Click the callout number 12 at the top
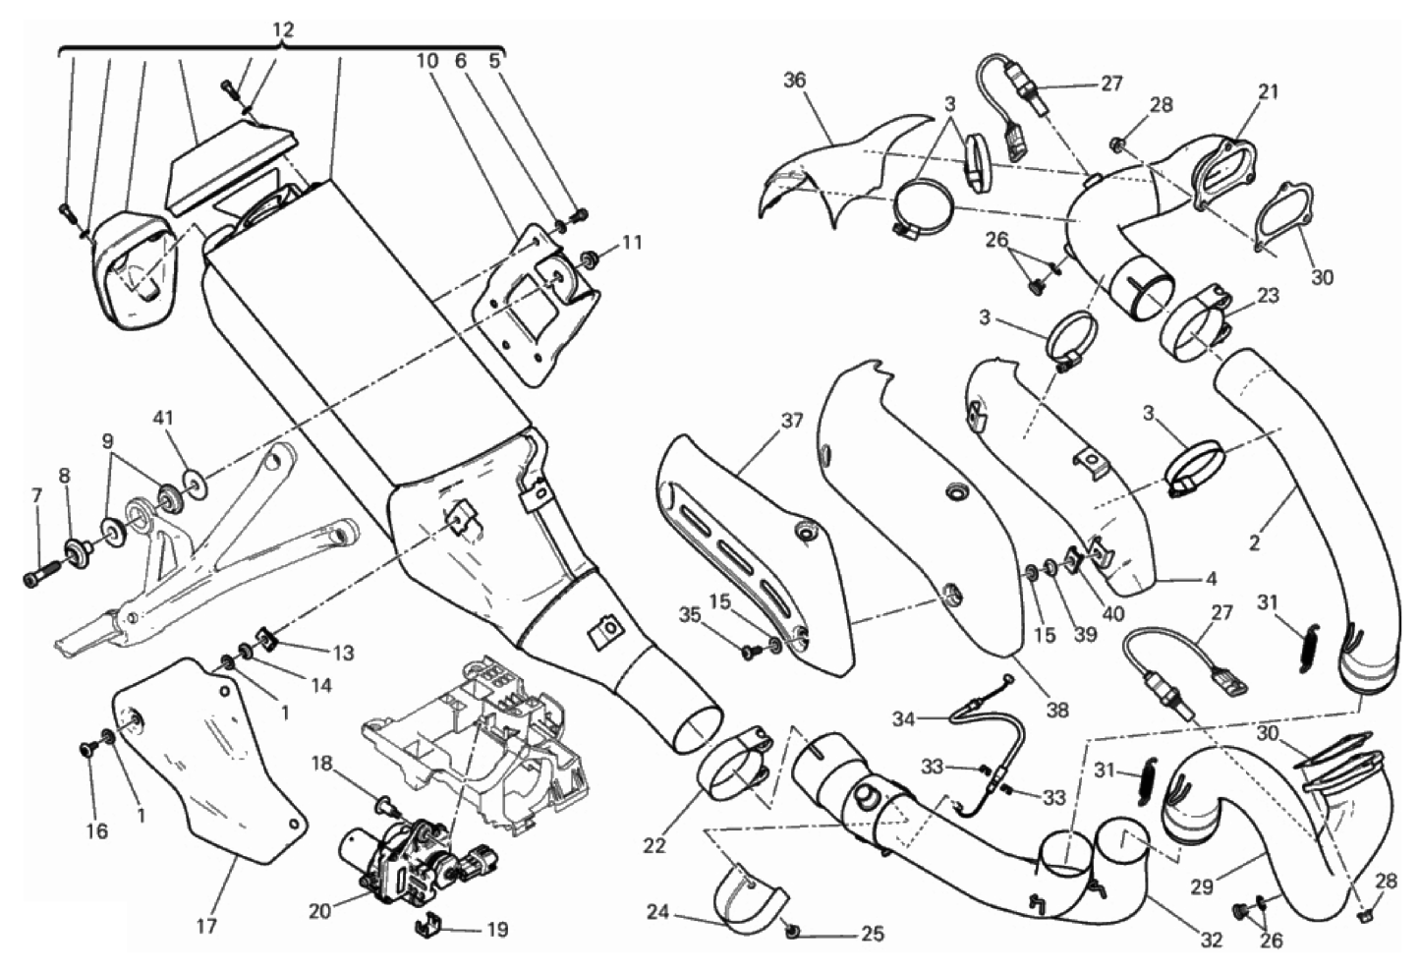(x=282, y=30)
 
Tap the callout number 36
(x=794, y=81)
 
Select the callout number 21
(x=1269, y=91)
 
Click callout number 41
(x=163, y=419)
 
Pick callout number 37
(x=792, y=422)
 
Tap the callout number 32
(x=1211, y=940)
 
